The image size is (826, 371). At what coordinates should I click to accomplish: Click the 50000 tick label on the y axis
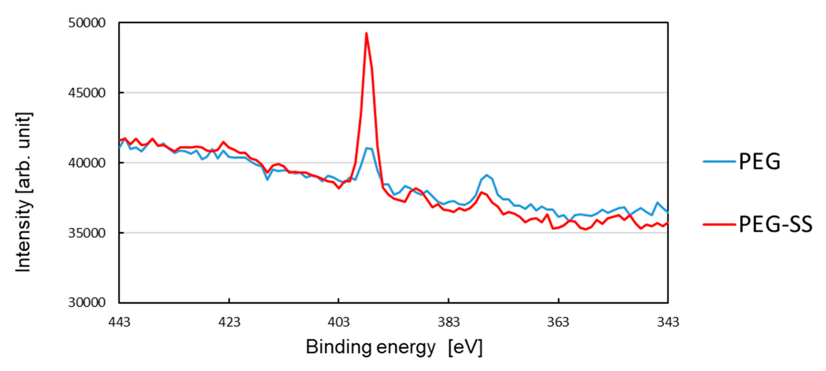87,23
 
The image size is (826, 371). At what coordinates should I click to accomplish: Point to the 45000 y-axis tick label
87,93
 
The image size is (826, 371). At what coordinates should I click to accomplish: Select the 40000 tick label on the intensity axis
87,163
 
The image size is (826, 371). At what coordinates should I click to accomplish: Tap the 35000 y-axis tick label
87,233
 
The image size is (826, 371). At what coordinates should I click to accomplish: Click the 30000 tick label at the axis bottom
87,303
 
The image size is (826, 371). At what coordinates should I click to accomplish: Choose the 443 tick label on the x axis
119,322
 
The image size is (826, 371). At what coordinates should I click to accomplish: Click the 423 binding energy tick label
229,322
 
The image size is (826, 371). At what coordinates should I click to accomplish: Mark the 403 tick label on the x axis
339,322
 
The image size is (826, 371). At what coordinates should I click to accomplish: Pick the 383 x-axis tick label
449,322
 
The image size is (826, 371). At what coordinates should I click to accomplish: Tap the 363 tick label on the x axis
558,322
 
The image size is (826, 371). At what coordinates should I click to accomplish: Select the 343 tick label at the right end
668,322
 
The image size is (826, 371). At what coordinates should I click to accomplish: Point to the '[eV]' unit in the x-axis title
465,347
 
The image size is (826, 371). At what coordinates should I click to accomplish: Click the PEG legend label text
759,161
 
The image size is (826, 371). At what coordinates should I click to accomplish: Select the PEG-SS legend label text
775,224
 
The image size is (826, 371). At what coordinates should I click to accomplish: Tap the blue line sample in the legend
719,161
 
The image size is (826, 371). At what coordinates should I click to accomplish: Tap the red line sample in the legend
719,224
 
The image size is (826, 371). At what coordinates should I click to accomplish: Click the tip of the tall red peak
366,33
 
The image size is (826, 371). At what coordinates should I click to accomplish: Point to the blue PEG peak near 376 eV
487,175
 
